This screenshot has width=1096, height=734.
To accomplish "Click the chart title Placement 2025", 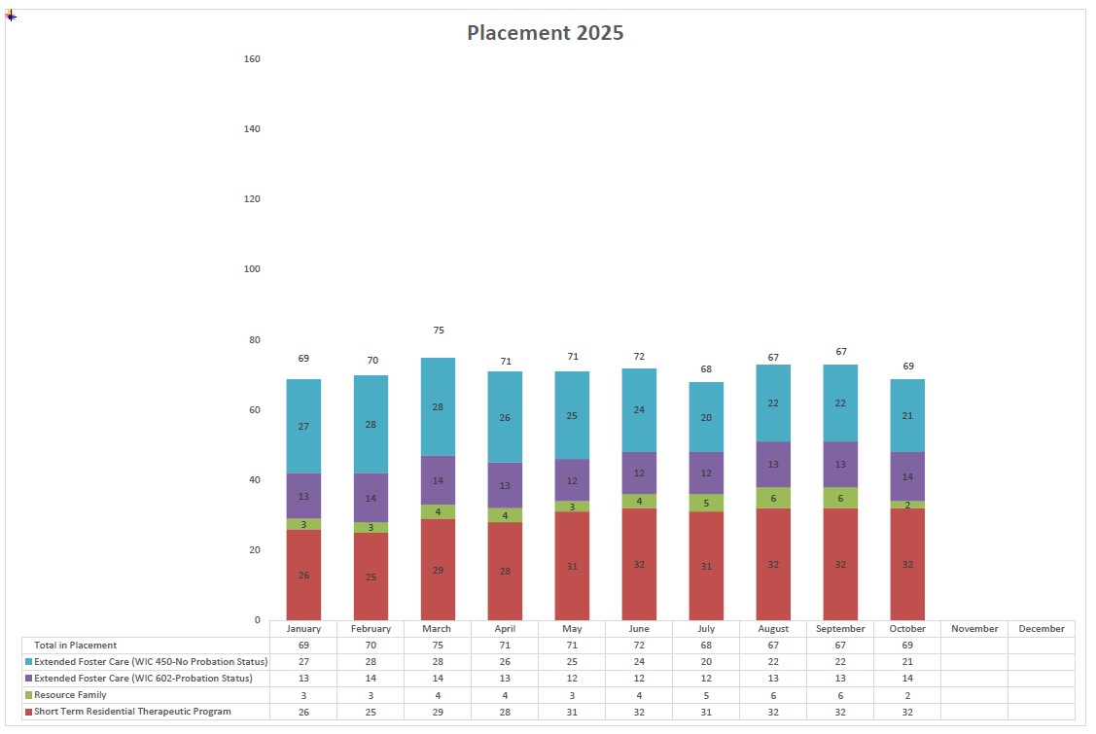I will click(545, 32).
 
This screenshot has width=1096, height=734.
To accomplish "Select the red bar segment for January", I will click(303, 575).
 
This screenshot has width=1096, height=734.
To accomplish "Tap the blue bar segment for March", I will click(438, 406).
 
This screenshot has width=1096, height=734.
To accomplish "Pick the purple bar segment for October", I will click(907, 476).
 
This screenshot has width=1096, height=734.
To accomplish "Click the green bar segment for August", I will click(773, 497).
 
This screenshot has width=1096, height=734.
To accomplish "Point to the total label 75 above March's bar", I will click(439, 331).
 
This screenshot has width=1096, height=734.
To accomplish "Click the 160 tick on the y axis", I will click(252, 59).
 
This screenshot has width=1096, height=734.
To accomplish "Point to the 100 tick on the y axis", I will click(252, 269).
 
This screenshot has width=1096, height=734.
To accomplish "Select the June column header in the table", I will click(639, 629).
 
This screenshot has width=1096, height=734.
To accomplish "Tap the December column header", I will click(1042, 629).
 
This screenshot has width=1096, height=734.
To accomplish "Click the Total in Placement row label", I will click(75, 646).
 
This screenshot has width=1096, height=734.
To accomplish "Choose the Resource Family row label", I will click(70, 695).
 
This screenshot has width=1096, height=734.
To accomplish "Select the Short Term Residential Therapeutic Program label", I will click(132, 712).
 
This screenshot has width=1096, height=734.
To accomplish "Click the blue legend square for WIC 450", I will click(28, 662).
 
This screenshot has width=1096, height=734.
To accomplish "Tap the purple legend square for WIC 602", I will click(28, 679).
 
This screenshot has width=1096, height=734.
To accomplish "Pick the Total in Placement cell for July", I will click(706, 646).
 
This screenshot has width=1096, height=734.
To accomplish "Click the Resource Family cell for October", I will click(907, 695).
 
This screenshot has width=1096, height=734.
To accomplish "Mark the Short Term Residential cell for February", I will click(371, 712).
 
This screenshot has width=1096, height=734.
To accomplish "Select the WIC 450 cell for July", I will click(706, 662).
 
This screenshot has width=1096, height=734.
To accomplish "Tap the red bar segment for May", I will click(572, 566).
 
